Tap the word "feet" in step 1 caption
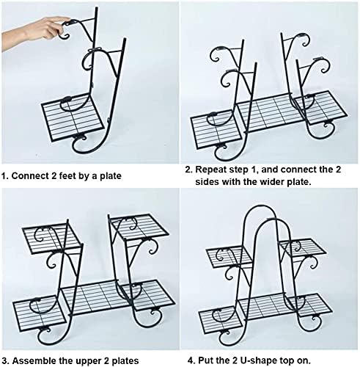(x=67, y=175)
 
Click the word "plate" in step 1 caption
(x=111, y=176)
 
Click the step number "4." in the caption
(x=191, y=360)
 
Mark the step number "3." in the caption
(x=5, y=360)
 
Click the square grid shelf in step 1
(x=73, y=117)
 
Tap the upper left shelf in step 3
(x=51, y=238)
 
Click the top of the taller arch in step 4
(x=261, y=206)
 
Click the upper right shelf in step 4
(x=302, y=248)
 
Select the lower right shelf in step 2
(x=321, y=107)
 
